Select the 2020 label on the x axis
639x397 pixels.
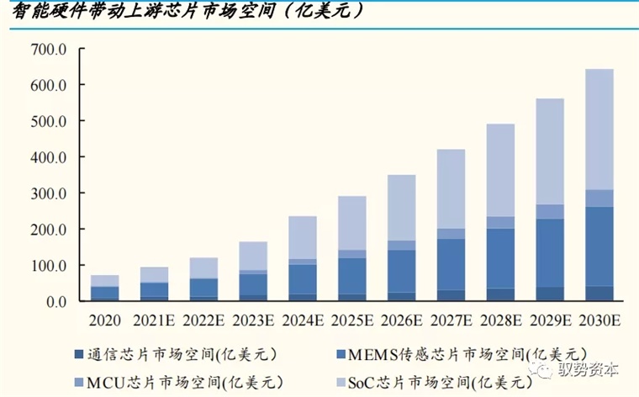point(105,320)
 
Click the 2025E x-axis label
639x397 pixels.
point(351,320)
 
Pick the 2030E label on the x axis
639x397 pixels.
point(599,320)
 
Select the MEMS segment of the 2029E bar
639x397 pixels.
point(550,252)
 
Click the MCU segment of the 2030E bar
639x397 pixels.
point(599,198)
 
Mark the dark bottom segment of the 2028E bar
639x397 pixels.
point(500,294)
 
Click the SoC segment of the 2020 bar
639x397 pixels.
point(105,281)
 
